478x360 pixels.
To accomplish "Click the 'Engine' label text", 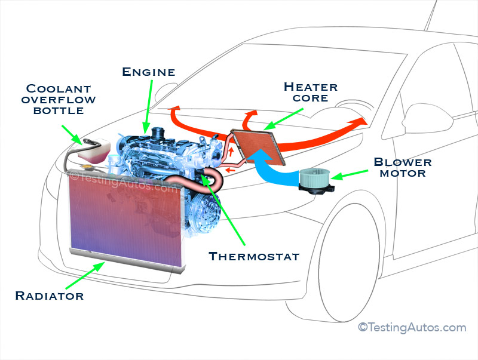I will pyautogui.click(x=148, y=72).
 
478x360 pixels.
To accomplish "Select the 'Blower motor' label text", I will pyautogui.click(x=402, y=168).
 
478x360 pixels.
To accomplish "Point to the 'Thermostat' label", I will pyautogui.click(x=253, y=257).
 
